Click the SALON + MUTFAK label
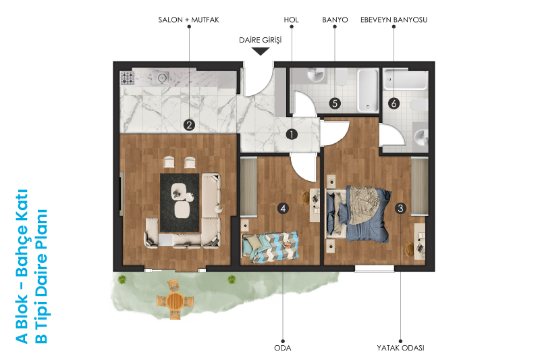[x=188, y=20]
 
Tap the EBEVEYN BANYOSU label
[x=394, y=20]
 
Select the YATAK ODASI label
[x=400, y=348]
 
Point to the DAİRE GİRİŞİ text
[x=261, y=40]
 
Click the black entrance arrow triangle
[x=261, y=51]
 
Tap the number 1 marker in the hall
[x=292, y=134]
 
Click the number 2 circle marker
[x=189, y=125]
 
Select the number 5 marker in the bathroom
[x=335, y=103]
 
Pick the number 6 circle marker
[x=394, y=103]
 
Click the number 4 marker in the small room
[x=283, y=209]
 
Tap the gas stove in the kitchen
[x=127, y=78]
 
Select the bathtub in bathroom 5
[x=367, y=91]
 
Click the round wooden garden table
[x=175, y=301]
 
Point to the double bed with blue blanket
[x=358, y=213]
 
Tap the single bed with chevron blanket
[x=271, y=247]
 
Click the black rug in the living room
[x=180, y=203]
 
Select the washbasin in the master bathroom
[x=421, y=137]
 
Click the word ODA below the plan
[x=283, y=348]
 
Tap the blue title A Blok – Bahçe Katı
[x=22, y=266]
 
